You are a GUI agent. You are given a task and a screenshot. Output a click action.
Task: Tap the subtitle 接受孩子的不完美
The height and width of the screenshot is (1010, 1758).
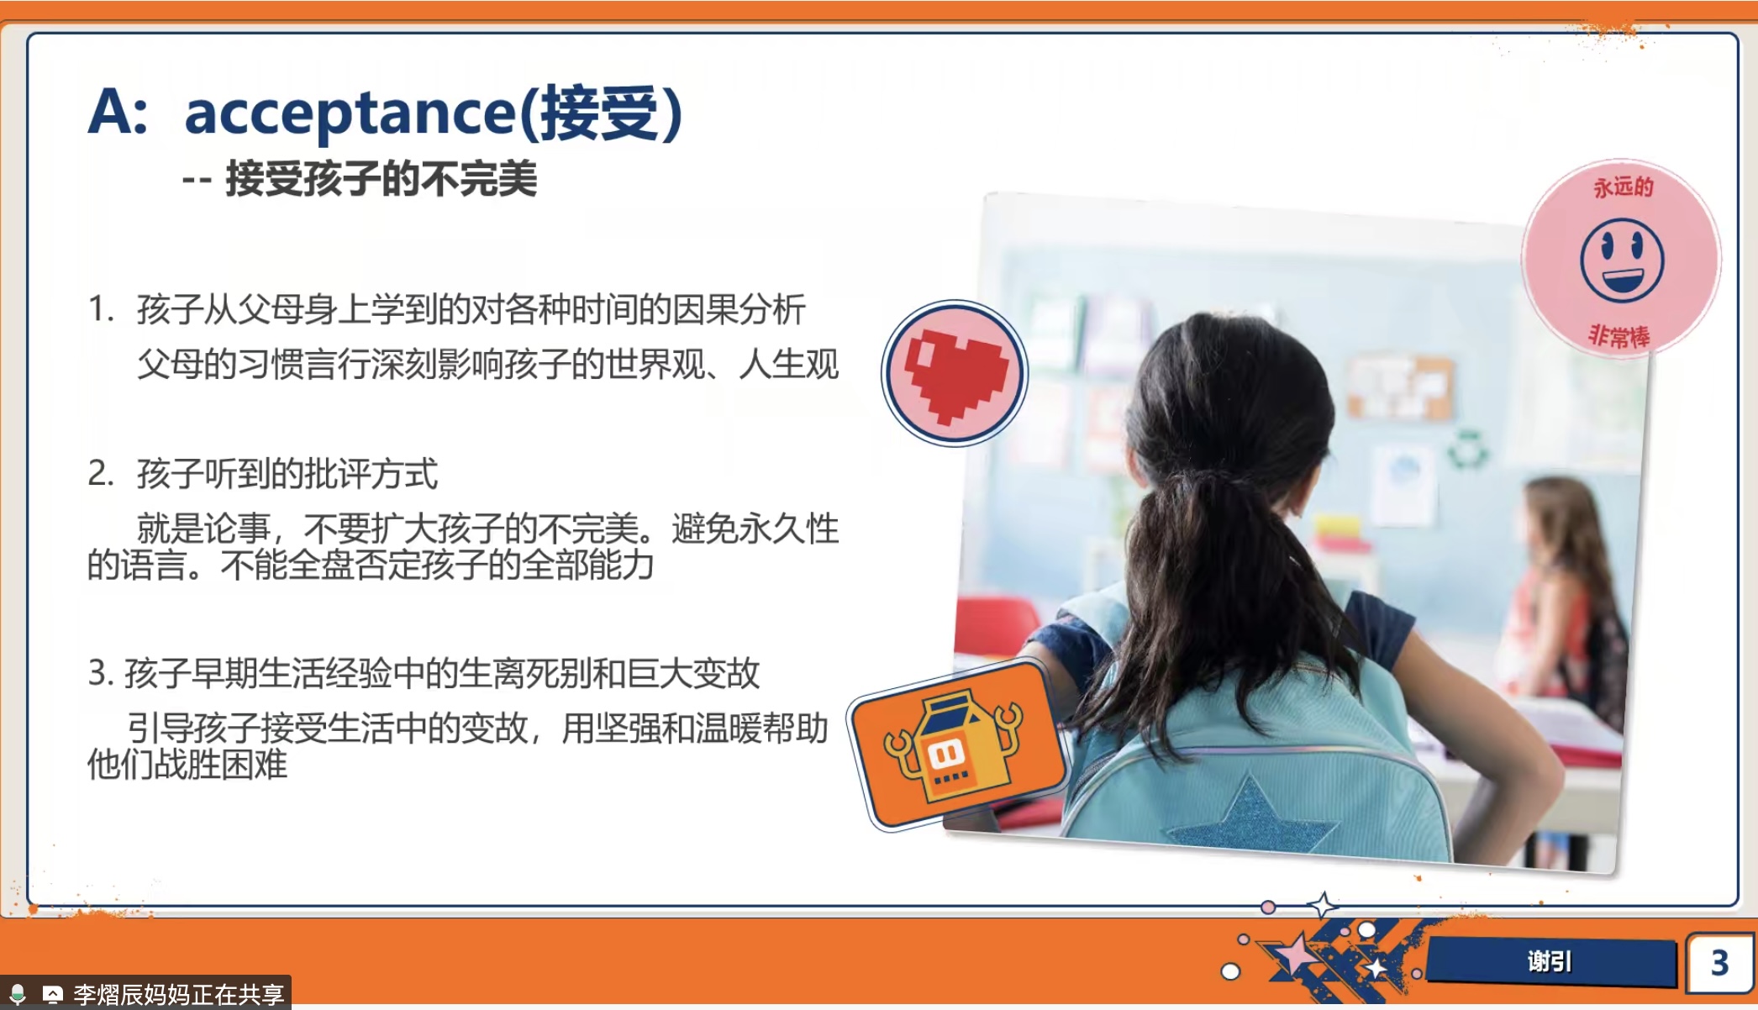coord(381,179)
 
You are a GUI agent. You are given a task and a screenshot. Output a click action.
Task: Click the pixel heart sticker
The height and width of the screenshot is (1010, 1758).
coord(955,373)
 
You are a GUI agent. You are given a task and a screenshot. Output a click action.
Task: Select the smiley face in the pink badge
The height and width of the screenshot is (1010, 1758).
coord(1621,260)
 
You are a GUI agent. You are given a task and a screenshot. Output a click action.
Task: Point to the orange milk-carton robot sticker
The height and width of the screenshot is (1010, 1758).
coord(956,744)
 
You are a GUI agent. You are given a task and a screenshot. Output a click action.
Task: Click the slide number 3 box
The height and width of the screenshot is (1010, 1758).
coord(1719,962)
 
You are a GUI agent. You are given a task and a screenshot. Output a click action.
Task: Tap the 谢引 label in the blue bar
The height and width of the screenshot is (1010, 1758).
coord(1549,961)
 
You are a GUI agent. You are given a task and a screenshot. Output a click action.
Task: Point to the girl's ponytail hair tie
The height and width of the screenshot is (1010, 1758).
coord(1214,480)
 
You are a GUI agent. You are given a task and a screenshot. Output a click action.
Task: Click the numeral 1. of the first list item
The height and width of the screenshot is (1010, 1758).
coord(101,309)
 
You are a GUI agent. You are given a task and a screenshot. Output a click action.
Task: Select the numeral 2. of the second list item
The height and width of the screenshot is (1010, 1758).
coord(101,474)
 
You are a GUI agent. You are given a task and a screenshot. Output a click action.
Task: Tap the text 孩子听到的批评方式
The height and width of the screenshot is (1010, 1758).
coord(287,474)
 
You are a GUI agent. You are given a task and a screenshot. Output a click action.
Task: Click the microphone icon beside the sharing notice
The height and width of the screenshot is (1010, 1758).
coord(18,994)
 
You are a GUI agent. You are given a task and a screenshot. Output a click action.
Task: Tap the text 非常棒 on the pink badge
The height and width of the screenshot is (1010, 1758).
coord(1619,335)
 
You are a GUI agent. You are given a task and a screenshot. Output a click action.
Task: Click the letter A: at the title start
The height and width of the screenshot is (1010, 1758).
coord(118,113)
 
